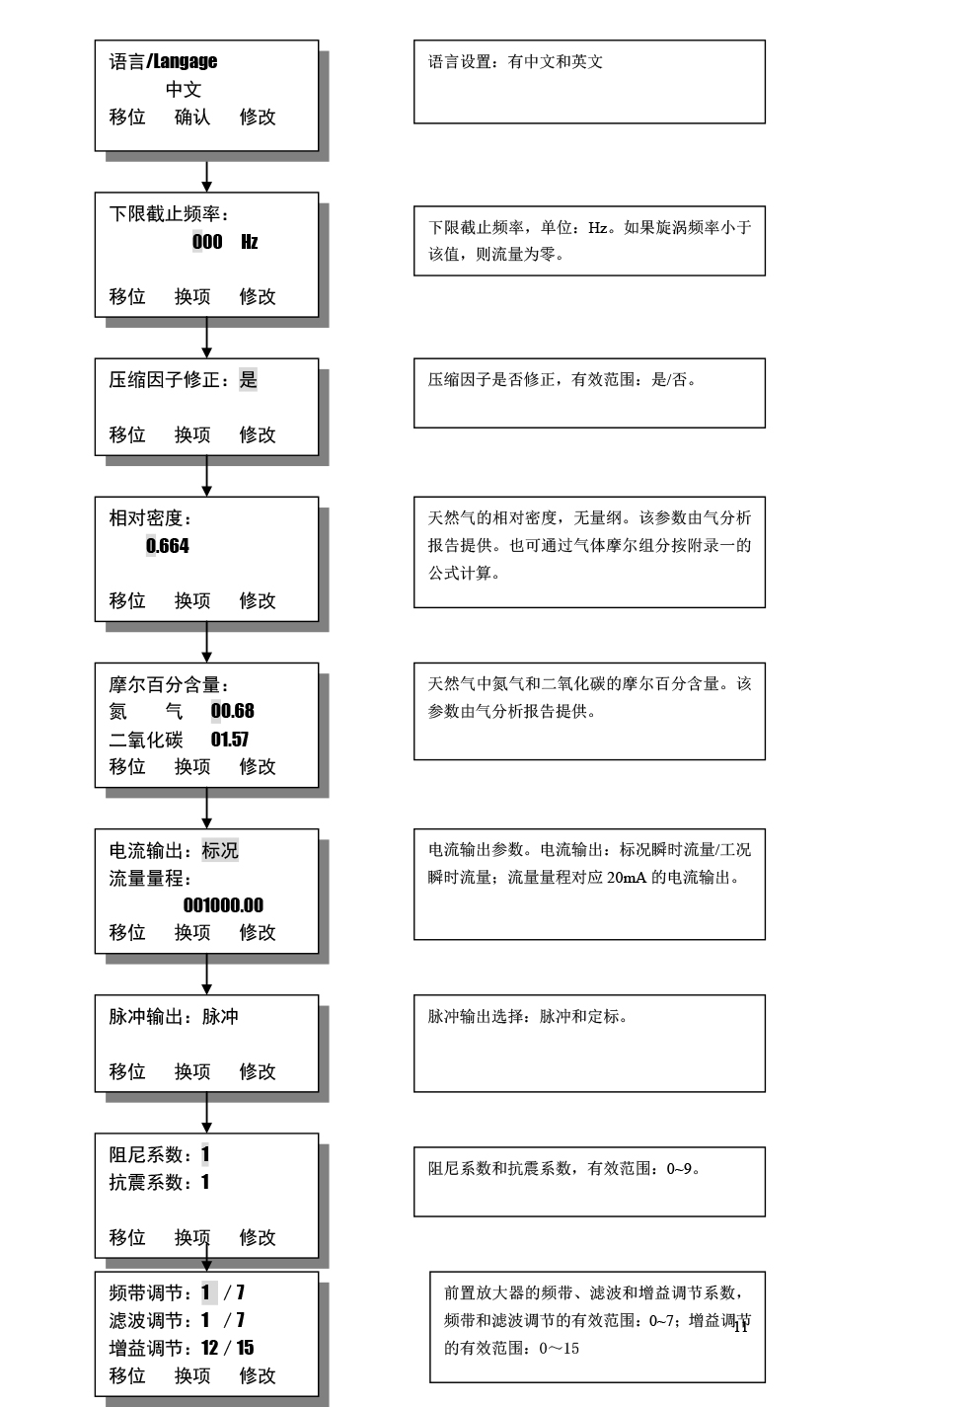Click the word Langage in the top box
pyautogui.click(x=186, y=61)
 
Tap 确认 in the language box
pyautogui.click(x=192, y=117)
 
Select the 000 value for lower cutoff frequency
pyautogui.click(x=207, y=242)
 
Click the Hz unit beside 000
pyautogui.click(x=250, y=242)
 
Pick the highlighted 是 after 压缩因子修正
pyautogui.click(x=248, y=379)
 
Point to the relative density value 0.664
pyautogui.click(x=168, y=546)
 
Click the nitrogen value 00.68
pyautogui.click(x=232, y=711)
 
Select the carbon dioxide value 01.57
pyautogui.click(x=230, y=740)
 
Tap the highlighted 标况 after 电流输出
pyautogui.click(x=220, y=850)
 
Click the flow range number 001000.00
pyautogui.click(x=223, y=905)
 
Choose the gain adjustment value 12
pyautogui.click(x=209, y=1348)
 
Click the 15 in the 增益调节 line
pyautogui.click(x=245, y=1348)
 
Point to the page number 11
pyautogui.click(x=741, y=1327)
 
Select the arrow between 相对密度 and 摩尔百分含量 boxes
pyautogui.click(x=206, y=642)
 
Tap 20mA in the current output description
pyautogui.click(x=627, y=878)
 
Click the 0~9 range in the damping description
pyautogui.click(x=679, y=1169)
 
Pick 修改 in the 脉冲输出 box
pyautogui.click(x=258, y=1071)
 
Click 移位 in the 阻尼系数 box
pyautogui.click(x=127, y=1237)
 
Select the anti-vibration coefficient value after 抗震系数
pyautogui.click(x=205, y=1182)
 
